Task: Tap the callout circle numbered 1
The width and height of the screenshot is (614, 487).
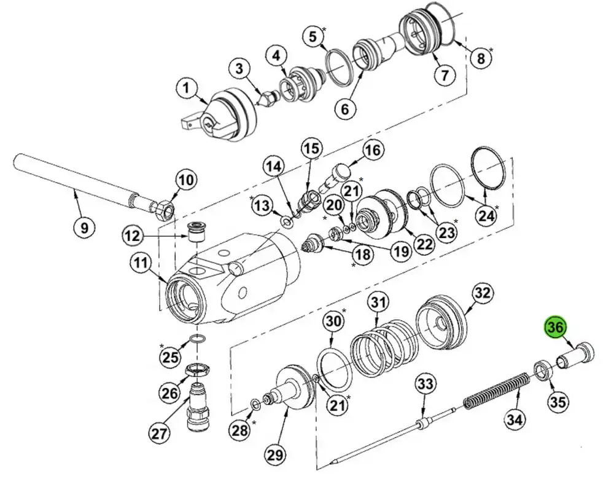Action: tap(187, 89)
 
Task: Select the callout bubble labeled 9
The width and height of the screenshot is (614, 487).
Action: tap(84, 227)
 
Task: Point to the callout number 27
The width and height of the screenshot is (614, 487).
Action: tap(160, 434)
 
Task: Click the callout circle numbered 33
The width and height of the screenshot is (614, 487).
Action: tap(424, 384)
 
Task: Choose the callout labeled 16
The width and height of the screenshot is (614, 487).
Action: tap(372, 150)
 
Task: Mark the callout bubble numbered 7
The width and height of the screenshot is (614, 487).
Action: tap(444, 74)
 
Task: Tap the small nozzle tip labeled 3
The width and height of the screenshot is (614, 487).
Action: tap(269, 99)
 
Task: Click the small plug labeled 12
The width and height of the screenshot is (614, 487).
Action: tap(195, 232)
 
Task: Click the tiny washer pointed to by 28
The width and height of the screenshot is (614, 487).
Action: tap(254, 404)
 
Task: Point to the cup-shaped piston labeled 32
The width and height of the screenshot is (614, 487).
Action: tap(441, 323)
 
